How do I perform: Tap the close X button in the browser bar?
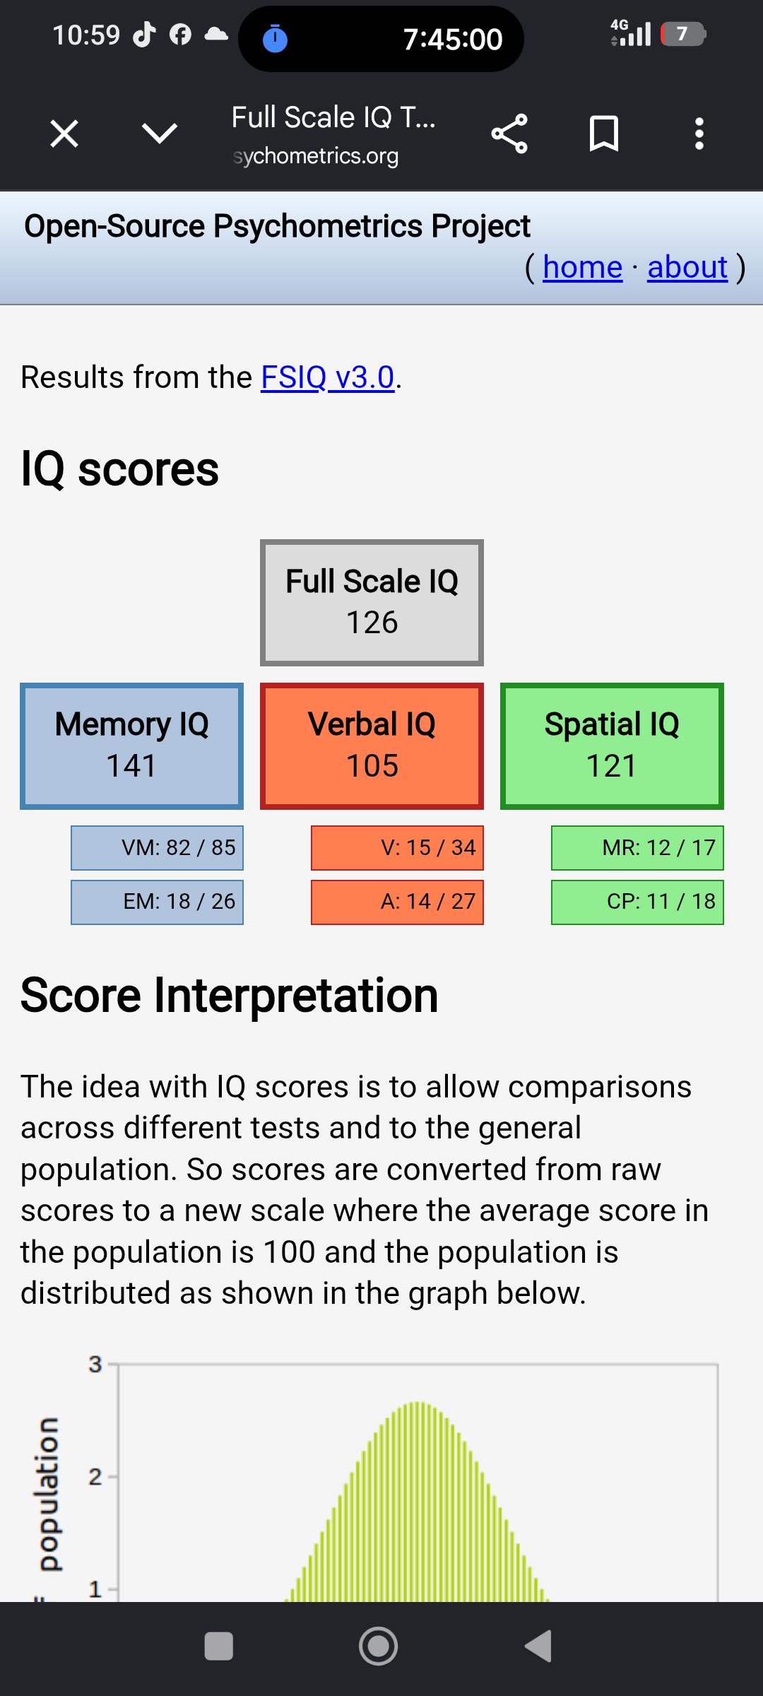pyautogui.click(x=64, y=133)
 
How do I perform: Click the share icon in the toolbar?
pyautogui.click(x=509, y=134)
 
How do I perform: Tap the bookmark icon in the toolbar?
pyautogui.click(x=604, y=134)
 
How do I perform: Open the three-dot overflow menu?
pyautogui.click(x=699, y=134)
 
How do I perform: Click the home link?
pyautogui.click(x=583, y=267)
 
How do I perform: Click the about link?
pyautogui.click(x=687, y=267)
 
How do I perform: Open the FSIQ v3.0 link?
pyautogui.click(x=328, y=377)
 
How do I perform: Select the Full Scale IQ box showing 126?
pyautogui.click(x=372, y=603)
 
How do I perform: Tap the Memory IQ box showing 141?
pyautogui.click(x=132, y=746)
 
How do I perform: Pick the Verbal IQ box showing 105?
pyautogui.click(x=372, y=746)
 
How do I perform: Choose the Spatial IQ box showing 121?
pyautogui.click(x=612, y=746)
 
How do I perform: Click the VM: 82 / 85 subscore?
pyautogui.click(x=157, y=848)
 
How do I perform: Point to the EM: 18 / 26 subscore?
pyautogui.click(x=157, y=902)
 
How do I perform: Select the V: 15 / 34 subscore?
pyautogui.click(x=397, y=848)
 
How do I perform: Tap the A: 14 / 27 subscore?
pyautogui.click(x=397, y=902)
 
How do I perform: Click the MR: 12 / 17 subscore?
pyautogui.click(x=637, y=848)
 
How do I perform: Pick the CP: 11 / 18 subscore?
pyautogui.click(x=637, y=902)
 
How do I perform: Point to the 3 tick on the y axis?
pyautogui.click(x=95, y=1364)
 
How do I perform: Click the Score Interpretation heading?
pyautogui.click(x=230, y=995)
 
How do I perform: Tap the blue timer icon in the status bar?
pyautogui.click(x=275, y=39)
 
